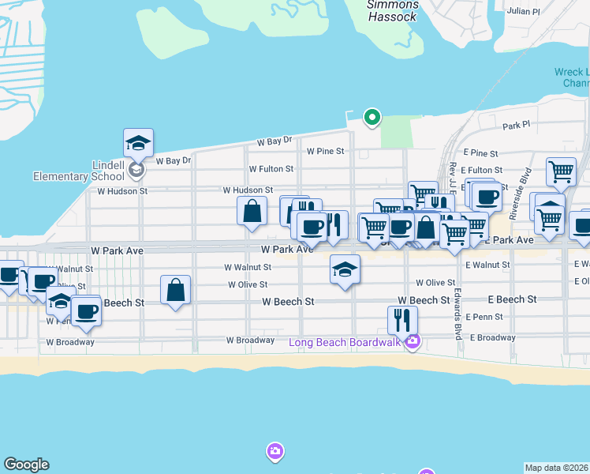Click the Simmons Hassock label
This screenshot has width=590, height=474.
pos(393,10)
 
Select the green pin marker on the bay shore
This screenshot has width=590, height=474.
pos(372,118)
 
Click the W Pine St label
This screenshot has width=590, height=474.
pos(326,151)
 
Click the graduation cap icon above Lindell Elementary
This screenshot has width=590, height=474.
pos(138,144)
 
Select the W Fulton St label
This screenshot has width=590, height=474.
pos(271,169)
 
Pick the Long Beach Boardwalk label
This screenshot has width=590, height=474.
pos(345,342)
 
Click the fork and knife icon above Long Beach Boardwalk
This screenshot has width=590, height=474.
pos(402,319)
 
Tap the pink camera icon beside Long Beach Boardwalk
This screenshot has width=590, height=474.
pos(413,342)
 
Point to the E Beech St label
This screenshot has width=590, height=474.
pos(512,300)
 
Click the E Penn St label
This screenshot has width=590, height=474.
pos(484,317)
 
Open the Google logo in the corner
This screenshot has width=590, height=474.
pos(26,465)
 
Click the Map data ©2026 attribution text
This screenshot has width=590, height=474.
pos(556,468)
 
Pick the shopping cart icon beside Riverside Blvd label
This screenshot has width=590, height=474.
pos(560,171)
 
